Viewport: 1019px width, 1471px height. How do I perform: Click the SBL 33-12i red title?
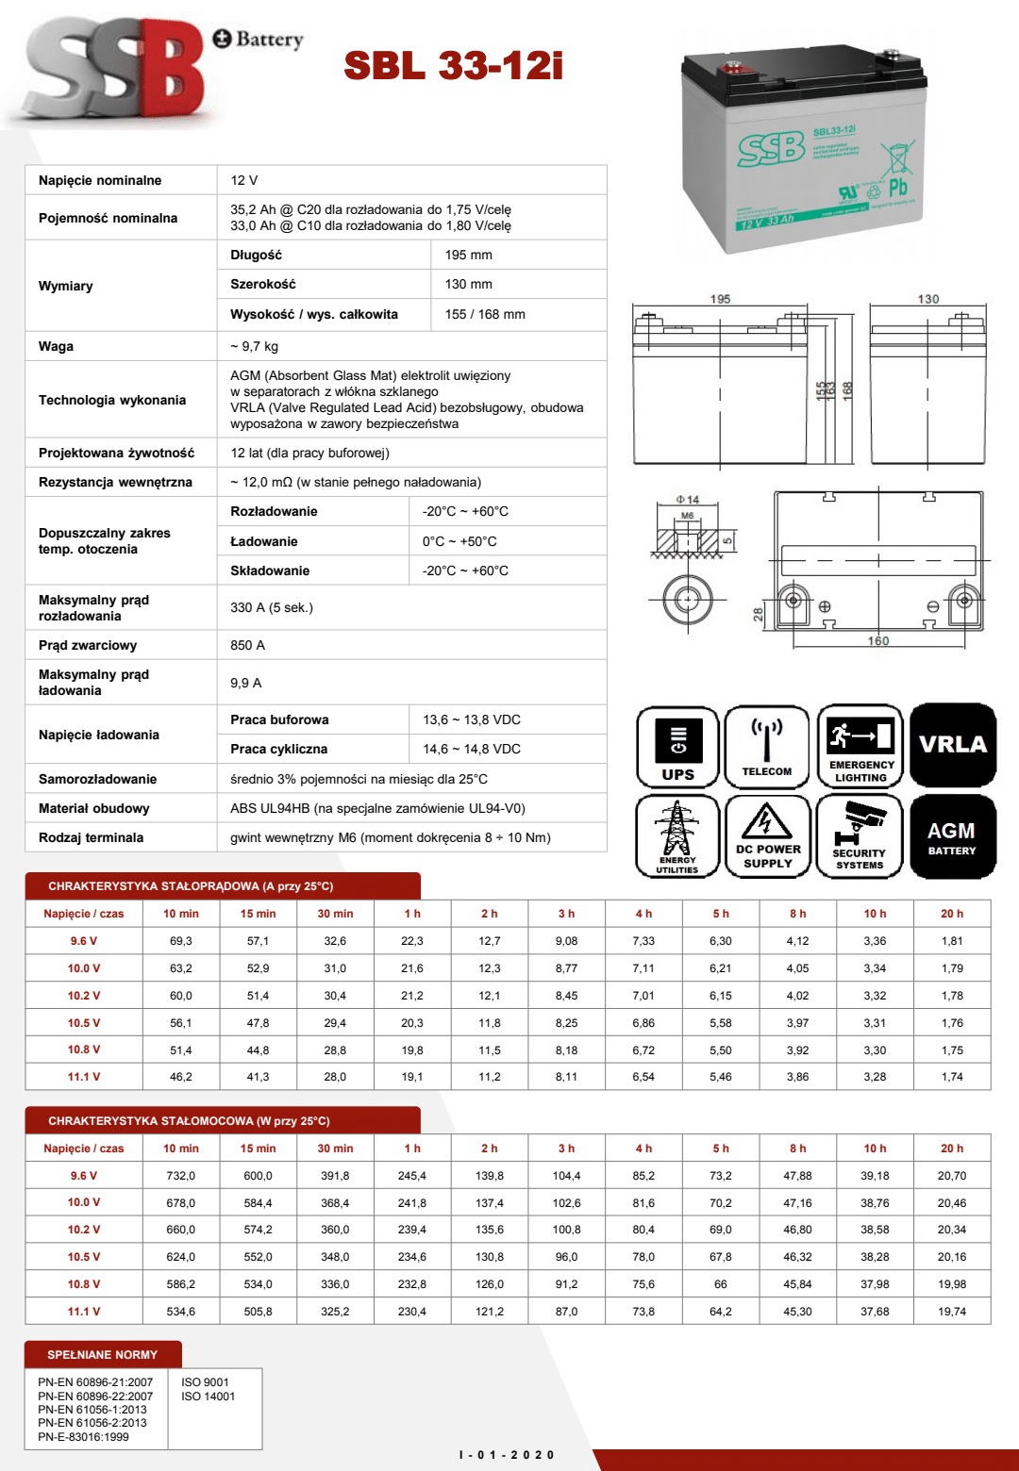tap(453, 66)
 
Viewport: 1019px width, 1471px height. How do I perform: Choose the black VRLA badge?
tap(953, 745)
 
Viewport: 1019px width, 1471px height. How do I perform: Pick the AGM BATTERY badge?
tap(952, 837)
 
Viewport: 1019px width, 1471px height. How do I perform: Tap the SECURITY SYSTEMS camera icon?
tap(860, 836)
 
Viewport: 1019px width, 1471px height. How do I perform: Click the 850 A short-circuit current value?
tap(247, 645)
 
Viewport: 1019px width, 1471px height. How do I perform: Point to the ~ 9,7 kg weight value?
tap(254, 346)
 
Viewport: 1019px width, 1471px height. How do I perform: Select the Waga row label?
tap(56, 346)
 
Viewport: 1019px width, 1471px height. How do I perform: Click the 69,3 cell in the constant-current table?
tap(181, 941)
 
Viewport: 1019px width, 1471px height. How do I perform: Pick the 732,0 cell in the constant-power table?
tap(181, 1176)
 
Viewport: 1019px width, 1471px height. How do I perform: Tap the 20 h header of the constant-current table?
tap(952, 914)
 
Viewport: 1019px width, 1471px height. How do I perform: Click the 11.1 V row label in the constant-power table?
tap(84, 1312)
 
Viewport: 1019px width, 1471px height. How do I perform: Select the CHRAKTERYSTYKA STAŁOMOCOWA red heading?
tap(189, 1121)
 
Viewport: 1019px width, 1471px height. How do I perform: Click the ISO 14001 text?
tap(208, 1397)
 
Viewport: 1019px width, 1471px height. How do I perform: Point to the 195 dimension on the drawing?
tap(720, 299)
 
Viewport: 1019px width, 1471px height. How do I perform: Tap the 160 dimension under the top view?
tap(878, 641)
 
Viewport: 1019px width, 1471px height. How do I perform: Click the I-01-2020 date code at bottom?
tap(507, 1455)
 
